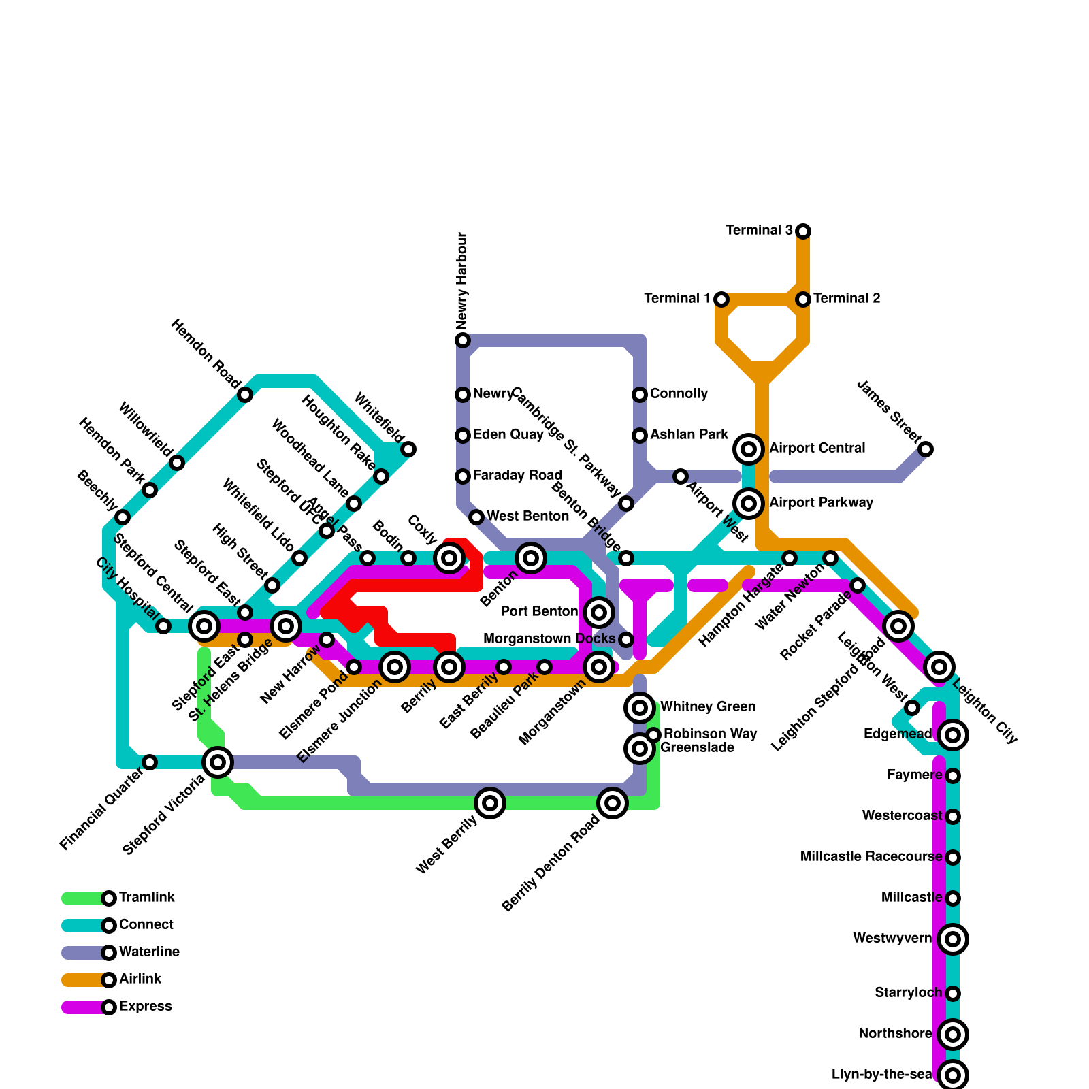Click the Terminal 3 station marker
pyautogui.click(x=803, y=231)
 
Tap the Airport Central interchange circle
pyautogui.click(x=749, y=449)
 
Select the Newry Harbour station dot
pyautogui.click(x=463, y=340)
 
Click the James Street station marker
pyautogui.click(x=926, y=449)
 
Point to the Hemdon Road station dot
pyautogui.click(x=245, y=395)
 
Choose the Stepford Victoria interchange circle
pyautogui.click(x=218, y=762)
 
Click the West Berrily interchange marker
pyautogui.click(x=490, y=803)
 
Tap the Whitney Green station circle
pyautogui.click(x=640, y=708)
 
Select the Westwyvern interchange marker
pyautogui.click(x=953, y=939)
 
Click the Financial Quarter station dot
pyautogui.click(x=150, y=762)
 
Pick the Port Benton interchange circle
pyautogui.click(x=599, y=613)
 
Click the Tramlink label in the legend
pyautogui.click(x=146, y=898)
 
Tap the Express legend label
pyautogui.click(x=145, y=1007)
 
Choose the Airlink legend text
pyautogui.click(x=140, y=979)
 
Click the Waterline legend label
pyautogui.click(x=149, y=952)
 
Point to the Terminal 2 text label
pyautogui.click(x=847, y=299)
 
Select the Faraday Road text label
pyautogui.click(x=517, y=476)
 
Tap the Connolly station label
pyautogui.click(x=679, y=394)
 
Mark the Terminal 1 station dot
pyautogui.click(x=721, y=299)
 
